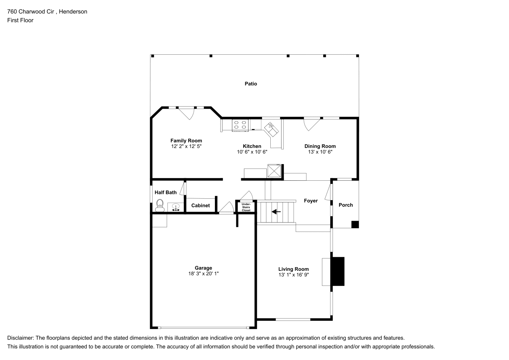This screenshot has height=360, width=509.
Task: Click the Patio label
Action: [251, 84]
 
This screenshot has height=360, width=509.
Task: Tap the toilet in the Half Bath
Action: [160, 206]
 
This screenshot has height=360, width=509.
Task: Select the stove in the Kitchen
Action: [240, 125]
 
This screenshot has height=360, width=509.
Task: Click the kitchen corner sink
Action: [271, 130]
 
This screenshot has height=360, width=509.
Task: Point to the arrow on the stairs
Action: [276, 212]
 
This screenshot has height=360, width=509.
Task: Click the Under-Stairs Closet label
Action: [246, 207]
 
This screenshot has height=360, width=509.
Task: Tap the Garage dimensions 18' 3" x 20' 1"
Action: [203, 273]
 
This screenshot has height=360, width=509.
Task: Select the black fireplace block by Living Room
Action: [338, 271]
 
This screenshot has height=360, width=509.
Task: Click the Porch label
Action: [346, 205]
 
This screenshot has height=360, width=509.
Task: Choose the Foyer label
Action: [311, 201]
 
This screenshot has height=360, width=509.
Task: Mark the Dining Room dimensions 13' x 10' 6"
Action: [320, 152]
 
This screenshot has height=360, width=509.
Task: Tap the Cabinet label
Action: [201, 206]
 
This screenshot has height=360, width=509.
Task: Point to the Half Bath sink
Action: [176, 207]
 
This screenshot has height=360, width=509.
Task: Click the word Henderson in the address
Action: [73, 12]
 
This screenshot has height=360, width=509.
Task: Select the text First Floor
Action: [20, 20]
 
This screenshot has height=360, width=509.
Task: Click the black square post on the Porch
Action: [355, 225]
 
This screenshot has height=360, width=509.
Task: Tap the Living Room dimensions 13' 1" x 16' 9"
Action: [294, 275]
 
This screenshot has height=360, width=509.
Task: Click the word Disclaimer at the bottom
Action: [21, 338]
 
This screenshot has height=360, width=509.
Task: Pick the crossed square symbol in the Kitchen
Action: [274, 171]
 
